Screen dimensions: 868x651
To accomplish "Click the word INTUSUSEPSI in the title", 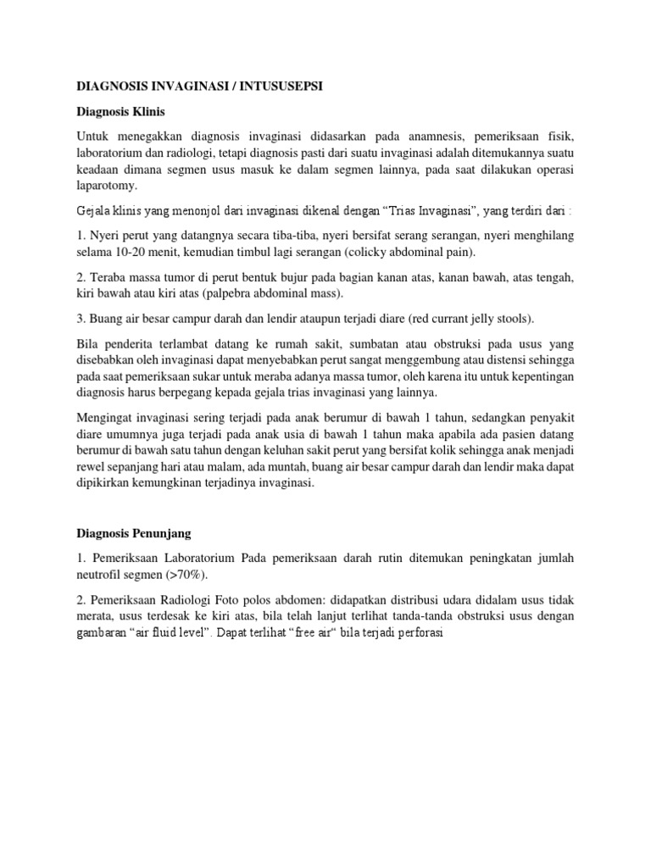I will point(274,87).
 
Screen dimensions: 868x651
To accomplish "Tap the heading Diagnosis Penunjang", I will point(134,534).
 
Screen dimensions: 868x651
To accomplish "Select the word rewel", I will point(92,465).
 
